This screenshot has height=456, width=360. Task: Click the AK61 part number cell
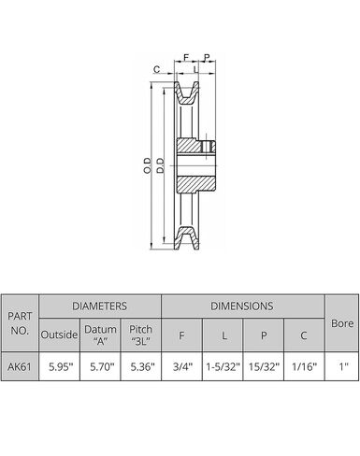(20, 366)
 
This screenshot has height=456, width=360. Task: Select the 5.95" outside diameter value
(61, 366)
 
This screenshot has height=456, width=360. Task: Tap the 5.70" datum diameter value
(102, 366)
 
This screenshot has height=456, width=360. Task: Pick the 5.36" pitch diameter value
(142, 366)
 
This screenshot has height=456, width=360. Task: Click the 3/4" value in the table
(182, 366)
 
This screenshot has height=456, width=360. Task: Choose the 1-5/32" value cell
(223, 366)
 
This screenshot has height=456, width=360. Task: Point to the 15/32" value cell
(264, 366)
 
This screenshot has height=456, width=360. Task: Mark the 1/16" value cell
(304, 366)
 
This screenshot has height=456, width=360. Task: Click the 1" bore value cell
(343, 366)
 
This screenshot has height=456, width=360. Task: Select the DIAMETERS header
(99, 306)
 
